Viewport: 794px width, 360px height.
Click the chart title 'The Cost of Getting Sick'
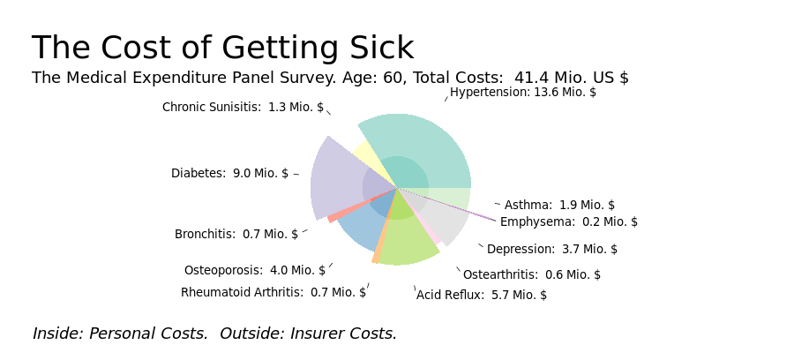click(223, 49)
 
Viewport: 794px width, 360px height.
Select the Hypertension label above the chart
click(522, 93)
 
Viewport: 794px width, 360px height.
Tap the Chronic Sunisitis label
click(243, 108)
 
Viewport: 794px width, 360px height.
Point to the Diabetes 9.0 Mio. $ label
click(229, 173)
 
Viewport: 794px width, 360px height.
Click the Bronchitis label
click(236, 235)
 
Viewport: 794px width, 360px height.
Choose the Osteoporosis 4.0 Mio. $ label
click(255, 270)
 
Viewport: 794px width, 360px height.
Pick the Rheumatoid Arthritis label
click(273, 293)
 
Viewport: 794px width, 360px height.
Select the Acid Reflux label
click(482, 295)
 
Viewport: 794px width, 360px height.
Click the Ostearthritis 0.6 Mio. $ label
click(532, 274)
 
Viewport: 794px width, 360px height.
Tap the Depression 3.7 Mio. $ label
click(552, 249)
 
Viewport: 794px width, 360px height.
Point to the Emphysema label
click(569, 221)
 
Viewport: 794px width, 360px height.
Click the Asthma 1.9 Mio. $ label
click(559, 205)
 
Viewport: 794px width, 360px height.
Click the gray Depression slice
click(440, 218)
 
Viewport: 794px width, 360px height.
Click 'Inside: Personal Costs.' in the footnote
click(121, 334)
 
